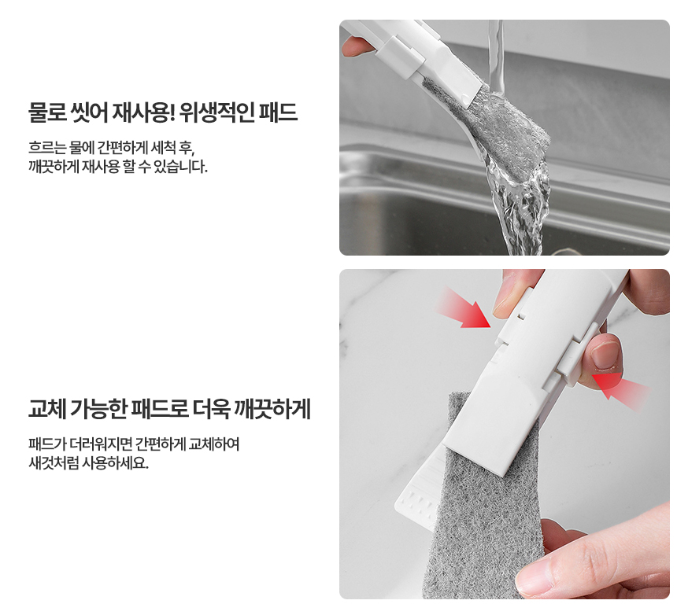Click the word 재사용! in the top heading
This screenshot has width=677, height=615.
coord(143,112)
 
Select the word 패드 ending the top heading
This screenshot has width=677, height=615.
coord(279,112)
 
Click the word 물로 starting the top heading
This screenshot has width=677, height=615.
coord(46,112)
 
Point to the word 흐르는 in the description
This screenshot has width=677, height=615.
coord(47,148)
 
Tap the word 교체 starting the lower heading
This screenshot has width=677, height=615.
coord(46,409)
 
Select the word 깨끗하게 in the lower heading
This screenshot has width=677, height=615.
coord(272,409)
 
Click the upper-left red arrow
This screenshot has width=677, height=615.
coord(465,308)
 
